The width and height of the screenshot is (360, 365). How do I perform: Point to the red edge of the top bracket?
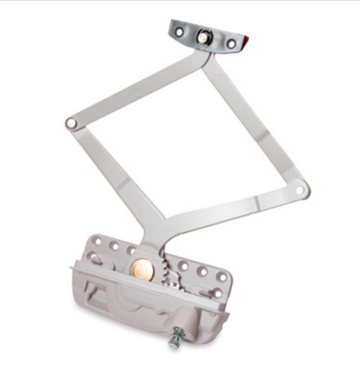click(x=243, y=42)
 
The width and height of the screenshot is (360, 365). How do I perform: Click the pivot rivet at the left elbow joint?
click(x=70, y=122)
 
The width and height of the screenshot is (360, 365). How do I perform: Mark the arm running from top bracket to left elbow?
click(x=135, y=90)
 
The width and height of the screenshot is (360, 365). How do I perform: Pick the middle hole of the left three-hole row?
click(x=113, y=245)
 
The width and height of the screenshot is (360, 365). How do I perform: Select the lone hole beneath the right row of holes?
click(x=217, y=292)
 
